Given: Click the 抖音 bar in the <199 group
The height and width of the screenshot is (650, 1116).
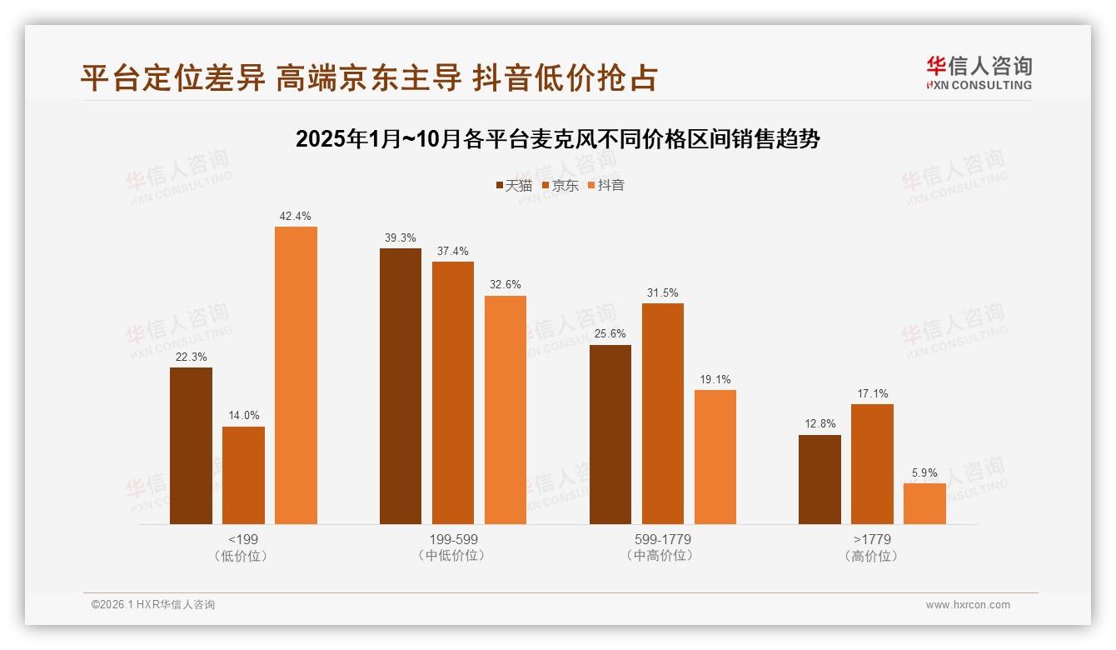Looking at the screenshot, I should (x=296, y=375).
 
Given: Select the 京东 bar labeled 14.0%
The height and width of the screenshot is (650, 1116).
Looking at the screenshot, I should (x=243, y=475).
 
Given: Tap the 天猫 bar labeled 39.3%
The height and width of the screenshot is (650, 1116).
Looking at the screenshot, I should (x=401, y=386).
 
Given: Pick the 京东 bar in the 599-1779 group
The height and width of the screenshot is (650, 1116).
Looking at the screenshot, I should (x=662, y=413).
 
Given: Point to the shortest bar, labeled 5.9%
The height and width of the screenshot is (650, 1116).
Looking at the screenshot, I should (x=924, y=503).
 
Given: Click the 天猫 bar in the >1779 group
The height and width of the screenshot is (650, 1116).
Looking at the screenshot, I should (x=820, y=479).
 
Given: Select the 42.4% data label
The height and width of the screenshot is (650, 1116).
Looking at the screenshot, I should (x=296, y=217).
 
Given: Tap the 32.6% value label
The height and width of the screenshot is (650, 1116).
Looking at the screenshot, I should (x=506, y=285).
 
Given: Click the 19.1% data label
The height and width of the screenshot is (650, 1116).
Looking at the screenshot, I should (x=715, y=380).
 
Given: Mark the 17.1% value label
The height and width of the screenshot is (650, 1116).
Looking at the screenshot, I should (x=872, y=394).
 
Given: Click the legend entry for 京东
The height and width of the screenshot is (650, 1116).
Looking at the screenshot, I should (x=560, y=185).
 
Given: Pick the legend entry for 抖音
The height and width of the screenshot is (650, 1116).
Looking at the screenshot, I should (x=605, y=185).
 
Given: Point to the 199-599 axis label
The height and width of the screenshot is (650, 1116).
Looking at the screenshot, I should (x=453, y=539).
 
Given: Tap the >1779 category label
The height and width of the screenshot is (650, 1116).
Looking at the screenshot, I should (x=872, y=539).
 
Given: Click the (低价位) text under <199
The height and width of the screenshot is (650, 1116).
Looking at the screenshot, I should (x=243, y=556).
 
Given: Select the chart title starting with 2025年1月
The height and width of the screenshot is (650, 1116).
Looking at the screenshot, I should (x=558, y=139).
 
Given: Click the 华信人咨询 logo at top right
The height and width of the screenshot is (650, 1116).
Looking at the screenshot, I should (x=979, y=72).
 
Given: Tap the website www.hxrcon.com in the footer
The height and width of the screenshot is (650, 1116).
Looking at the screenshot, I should (x=968, y=605).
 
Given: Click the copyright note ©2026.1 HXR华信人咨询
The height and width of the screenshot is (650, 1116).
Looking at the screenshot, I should (x=153, y=605).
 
